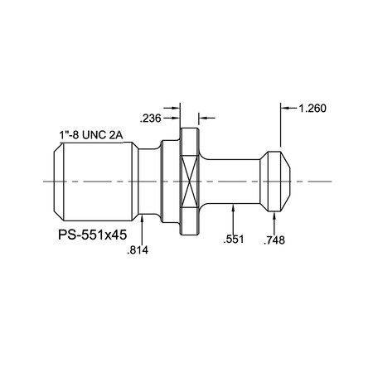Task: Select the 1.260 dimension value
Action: coord(312,107)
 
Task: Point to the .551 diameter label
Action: coord(235,240)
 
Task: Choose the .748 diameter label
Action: coord(274,240)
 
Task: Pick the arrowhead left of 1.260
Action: coord(286,107)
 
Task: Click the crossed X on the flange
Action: coord(190,181)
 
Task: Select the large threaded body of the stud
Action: coord(95,181)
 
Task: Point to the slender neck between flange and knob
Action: coord(232,181)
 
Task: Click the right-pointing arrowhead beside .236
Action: coord(177,107)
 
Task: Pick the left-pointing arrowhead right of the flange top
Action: coord(204,117)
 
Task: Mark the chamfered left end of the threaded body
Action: coord(56,181)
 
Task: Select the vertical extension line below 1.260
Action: coord(281,128)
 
